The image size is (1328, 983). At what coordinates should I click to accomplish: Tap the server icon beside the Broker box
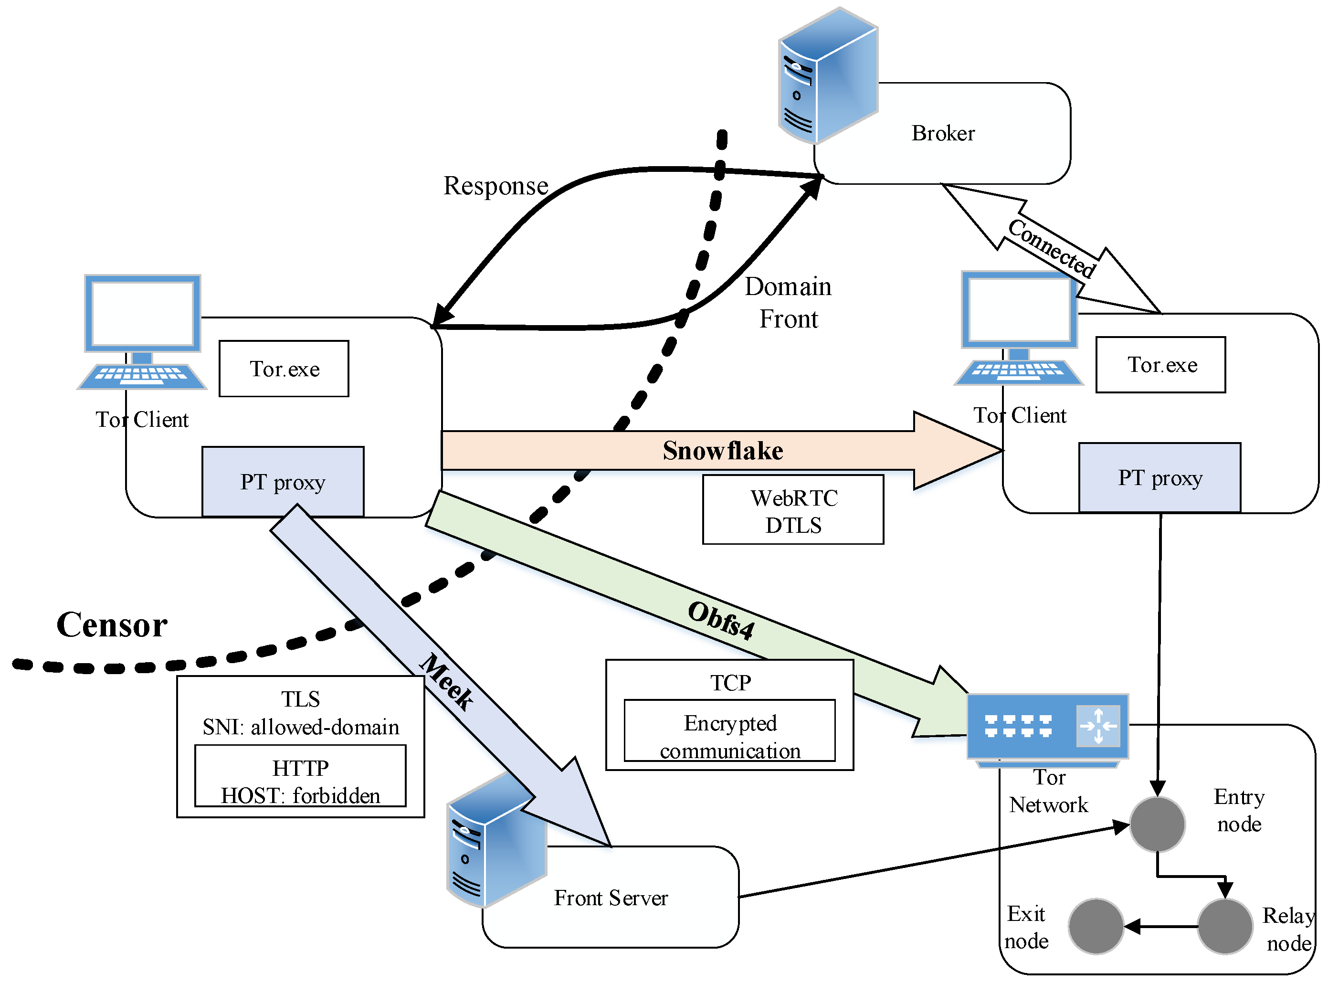pos(828,76)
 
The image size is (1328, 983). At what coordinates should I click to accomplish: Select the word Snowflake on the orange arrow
pos(722,451)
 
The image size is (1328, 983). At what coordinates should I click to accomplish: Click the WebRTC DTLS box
pos(792,510)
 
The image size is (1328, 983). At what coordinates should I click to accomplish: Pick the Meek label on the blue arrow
pos(447,682)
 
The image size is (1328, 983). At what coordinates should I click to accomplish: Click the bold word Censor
pos(112,625)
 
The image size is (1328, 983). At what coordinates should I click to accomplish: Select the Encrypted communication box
pos(729,731)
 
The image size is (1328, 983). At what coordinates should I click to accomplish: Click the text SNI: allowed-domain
pos(300,728)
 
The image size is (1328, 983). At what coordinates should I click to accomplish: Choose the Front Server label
pos(611,898)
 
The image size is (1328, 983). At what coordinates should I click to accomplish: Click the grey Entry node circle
pos(1157,824)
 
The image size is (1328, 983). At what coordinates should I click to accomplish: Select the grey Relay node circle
pos(1224,927)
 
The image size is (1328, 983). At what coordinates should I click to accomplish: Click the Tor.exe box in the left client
pos(284,369)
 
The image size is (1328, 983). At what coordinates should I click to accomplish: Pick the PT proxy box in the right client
pos(1159,478)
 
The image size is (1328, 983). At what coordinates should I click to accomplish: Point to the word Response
pos(495,186)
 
